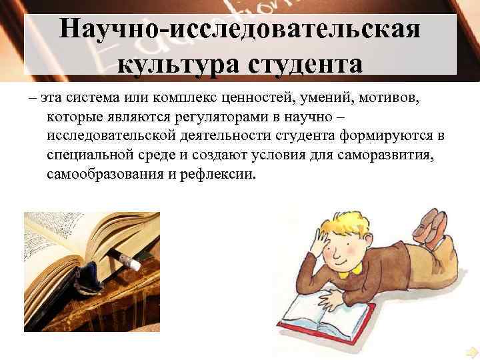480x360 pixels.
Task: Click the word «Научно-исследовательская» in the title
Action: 239,31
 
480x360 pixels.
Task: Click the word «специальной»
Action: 88,155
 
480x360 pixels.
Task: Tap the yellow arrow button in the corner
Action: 472,351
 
